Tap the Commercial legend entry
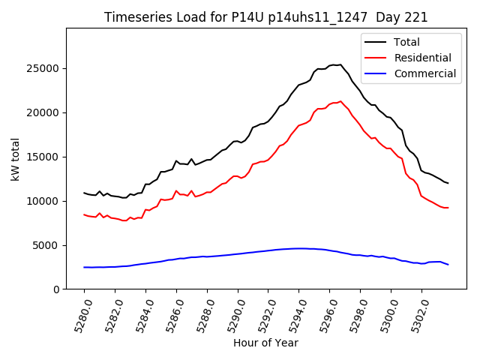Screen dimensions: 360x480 pyautogui.click(x=424, y=73)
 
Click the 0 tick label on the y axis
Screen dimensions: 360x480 pyautogui.click(x=56, y=289)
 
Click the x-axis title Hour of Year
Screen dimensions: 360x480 pyautogui.click(x=265, y=343)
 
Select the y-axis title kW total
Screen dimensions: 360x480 pyautogui.click(x=15, y=158)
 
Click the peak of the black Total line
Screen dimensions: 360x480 pyautogui.click(x=340, y=64)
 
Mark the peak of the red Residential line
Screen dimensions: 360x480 pyautogui.click(x=340, y=101)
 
